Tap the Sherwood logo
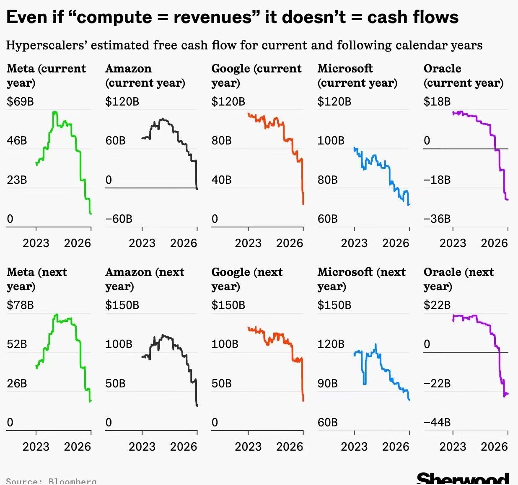point(463,479)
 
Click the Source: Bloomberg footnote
point(51,481)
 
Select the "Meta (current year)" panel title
point(46,75)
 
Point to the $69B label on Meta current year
point(20,101)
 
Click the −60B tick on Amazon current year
point(119,219)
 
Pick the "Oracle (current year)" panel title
point(464,75)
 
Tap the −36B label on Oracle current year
point(437,219)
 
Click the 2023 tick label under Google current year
point(248,243)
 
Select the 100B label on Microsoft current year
point(331,140)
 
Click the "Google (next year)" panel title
point(247,279)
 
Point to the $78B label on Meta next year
point(20,305)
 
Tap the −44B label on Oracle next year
point(437,422)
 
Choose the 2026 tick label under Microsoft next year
point(396,446)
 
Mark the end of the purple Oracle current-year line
point(508,199)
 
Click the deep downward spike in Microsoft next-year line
point(364,383)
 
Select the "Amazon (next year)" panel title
point(145,279)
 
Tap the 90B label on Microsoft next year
point(327,383)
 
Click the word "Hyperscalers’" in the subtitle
point(46,45)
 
